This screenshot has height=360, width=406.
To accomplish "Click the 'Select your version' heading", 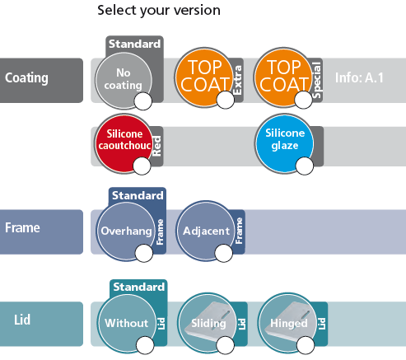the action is coord(159,11).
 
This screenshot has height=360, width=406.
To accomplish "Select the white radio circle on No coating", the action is coord(143,101).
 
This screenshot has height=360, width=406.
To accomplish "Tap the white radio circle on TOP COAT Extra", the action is coord(226,100).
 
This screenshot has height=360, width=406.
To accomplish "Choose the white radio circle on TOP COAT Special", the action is coord(303,100).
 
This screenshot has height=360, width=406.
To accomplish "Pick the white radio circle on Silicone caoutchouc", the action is coord(142,166).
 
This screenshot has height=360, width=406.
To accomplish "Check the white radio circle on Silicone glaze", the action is coord(305,166).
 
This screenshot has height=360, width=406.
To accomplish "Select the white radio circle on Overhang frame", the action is coord(144,253).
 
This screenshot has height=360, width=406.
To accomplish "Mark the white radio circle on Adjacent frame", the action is coord(224,253).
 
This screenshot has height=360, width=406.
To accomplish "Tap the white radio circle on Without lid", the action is coord(145,345).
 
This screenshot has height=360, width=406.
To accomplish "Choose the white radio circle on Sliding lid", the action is coord(226,345).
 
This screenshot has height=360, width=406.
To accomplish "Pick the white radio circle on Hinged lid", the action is coord(306,345).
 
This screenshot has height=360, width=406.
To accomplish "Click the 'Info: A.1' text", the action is coord(359,77).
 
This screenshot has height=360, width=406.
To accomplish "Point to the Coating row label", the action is coord(26,78).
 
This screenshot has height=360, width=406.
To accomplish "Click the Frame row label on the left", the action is coord(22,227).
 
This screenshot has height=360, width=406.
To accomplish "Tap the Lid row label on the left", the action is coord(22,320).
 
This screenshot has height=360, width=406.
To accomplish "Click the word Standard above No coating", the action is coord(134,44).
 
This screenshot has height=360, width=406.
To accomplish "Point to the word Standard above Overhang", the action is coord(138,195).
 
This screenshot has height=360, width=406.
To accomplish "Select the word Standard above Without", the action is coord(139,287).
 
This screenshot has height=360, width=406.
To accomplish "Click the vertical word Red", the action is coord(156,147).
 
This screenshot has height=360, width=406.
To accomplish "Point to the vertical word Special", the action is coord(316,80).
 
